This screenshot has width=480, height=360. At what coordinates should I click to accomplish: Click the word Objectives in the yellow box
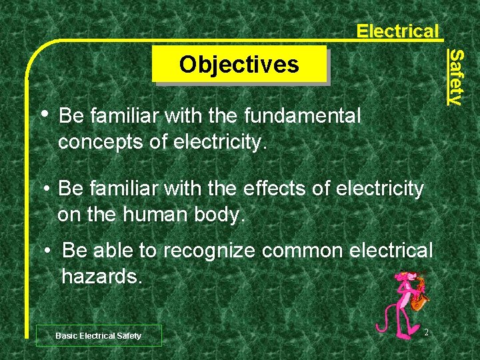(x=239, y=65)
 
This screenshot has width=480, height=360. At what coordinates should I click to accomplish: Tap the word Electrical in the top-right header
(x=397, y=31)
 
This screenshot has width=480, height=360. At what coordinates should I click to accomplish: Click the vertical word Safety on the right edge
(x=455, y=77)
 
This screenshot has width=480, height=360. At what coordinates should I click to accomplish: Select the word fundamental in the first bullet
(x=303, y=116)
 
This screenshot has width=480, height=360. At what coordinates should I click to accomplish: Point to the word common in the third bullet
(x=305, y=250)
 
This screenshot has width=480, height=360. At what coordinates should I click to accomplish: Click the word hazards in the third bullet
(x=101, y=275)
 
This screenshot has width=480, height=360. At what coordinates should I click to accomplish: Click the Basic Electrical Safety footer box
(x=98, y=335)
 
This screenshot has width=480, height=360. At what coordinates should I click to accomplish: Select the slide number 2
(x=426, y=332)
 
